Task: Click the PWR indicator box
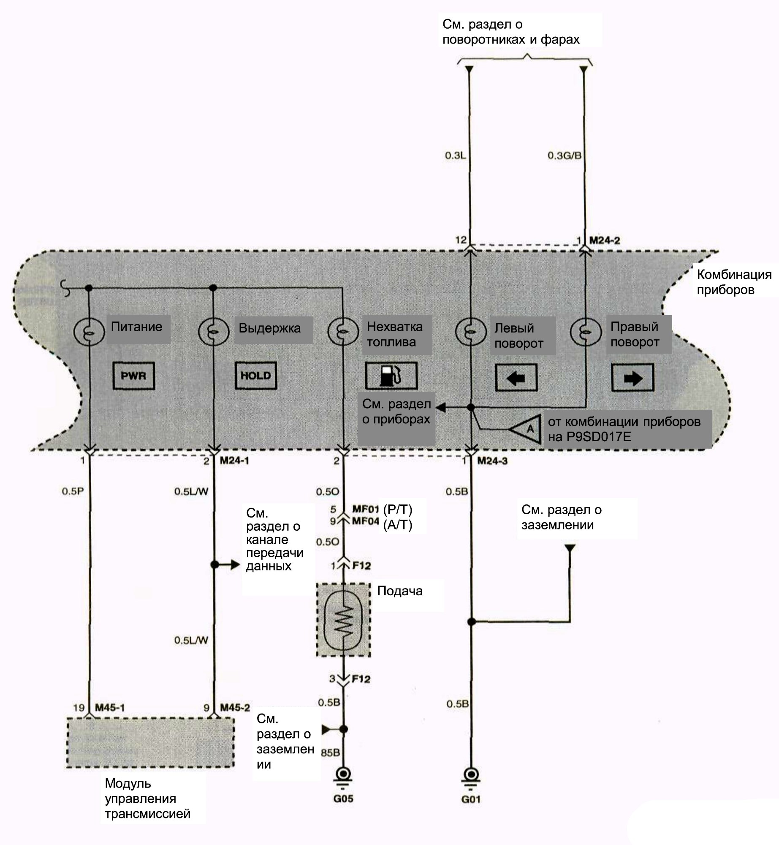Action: [133, 375]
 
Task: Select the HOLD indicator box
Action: [255, 375]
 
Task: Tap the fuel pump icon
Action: [391, 375]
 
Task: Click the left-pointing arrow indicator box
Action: [516, 377]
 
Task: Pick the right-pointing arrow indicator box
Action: [632, 377]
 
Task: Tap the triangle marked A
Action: [526, 429]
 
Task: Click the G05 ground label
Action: [343, 799]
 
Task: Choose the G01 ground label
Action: [471, 799]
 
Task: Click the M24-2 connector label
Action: [605, 240]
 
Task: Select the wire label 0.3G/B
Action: [565, 155]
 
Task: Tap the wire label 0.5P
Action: [73, 491]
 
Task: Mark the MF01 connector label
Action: [366, 509]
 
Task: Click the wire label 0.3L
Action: [455, 155]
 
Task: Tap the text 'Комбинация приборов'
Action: [734, 282]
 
